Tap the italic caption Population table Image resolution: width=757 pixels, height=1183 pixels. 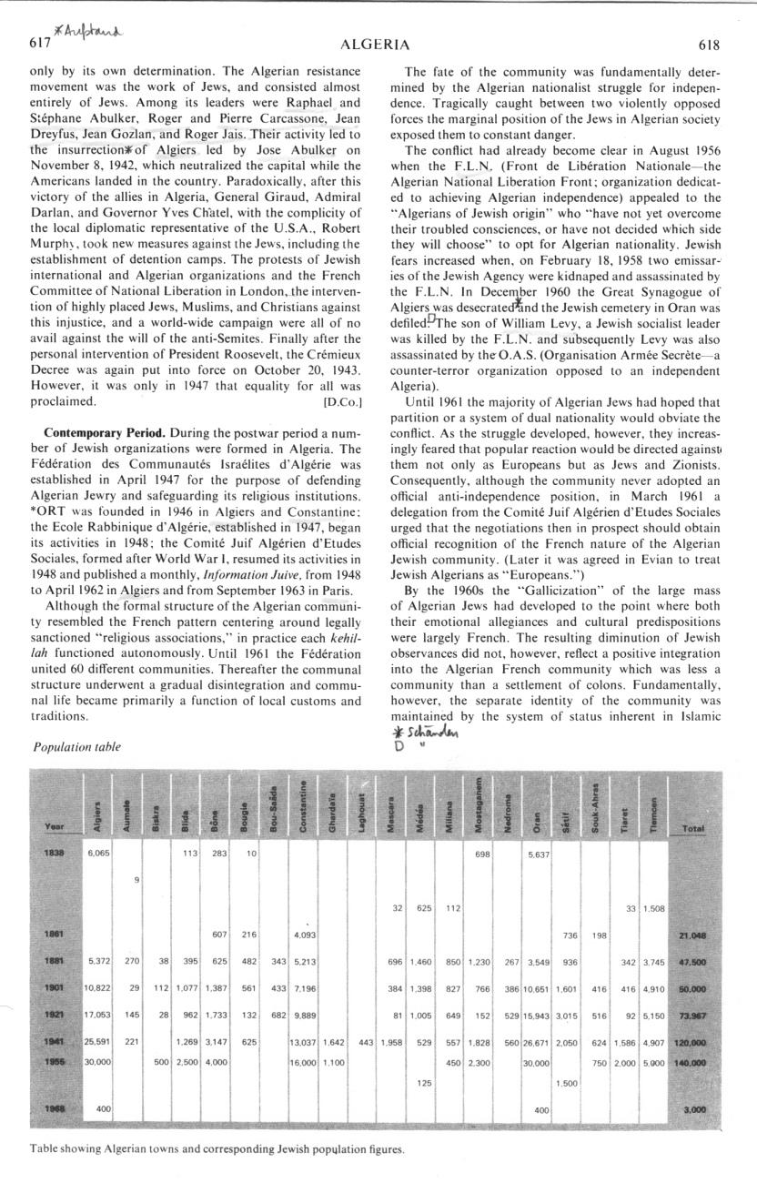point(76,747)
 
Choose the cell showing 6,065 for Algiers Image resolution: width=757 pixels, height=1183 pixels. point(97,855)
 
